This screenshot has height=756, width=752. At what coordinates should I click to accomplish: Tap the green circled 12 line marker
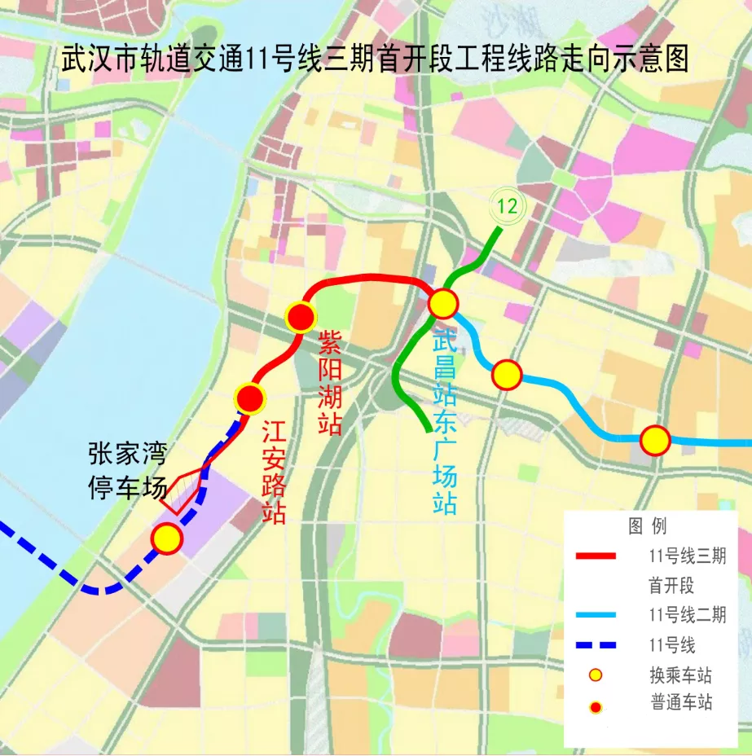[x=507, y=206]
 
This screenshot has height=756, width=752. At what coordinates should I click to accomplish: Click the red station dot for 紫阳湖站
[x=301, y=316]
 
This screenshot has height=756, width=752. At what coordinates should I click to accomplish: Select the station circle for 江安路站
[x=250, y=398]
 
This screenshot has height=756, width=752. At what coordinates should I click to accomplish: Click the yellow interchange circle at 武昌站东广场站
[x=443, y=304]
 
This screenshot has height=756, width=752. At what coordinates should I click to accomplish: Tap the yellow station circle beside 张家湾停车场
[x=167, y=538]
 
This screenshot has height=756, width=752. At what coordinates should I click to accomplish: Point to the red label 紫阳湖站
[x=329, y=381]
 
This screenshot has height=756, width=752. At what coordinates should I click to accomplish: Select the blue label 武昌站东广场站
[x=445, y=421]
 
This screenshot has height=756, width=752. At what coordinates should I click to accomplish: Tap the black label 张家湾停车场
[x=126, y=471]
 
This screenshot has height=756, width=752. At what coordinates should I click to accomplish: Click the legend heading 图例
[x=647, y=525]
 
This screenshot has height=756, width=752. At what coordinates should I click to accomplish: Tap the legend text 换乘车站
[x=681, y=675]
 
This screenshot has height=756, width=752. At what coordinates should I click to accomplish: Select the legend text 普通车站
[x=681, y=703]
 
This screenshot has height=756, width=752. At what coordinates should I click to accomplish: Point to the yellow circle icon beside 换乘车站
[x=596, y=675]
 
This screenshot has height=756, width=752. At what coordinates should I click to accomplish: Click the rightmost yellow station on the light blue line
[x=654, y=441]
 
